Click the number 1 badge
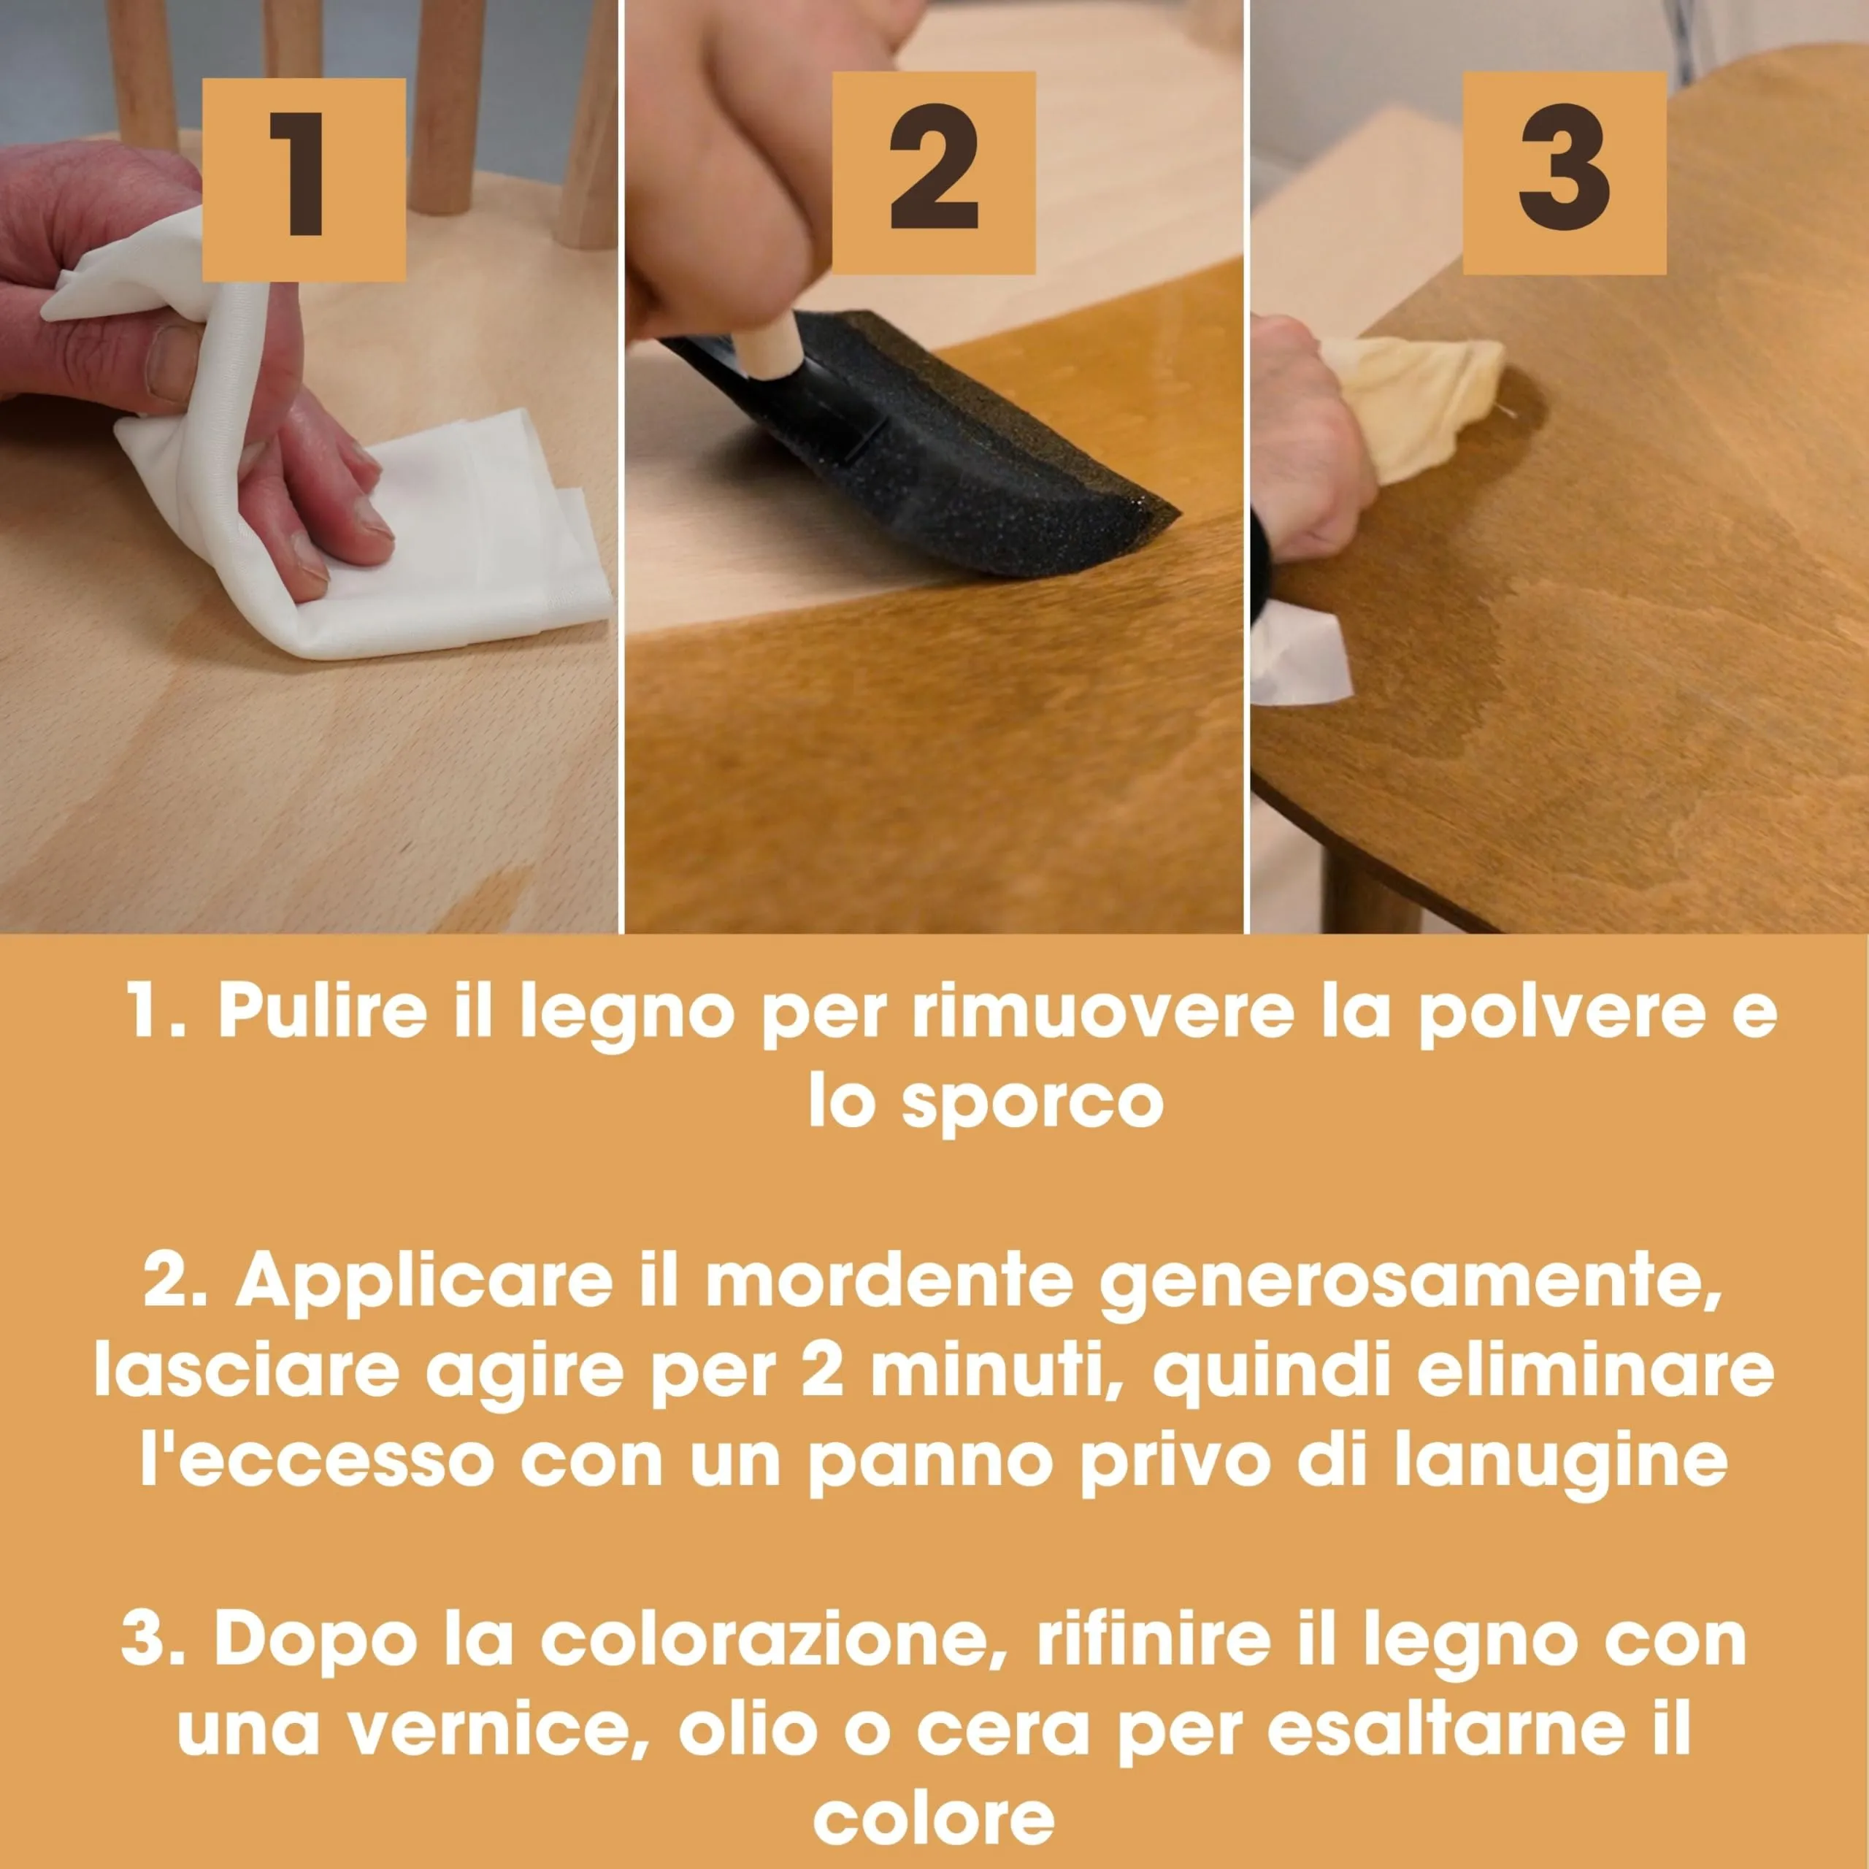pyautogui.click(x=303, y=179)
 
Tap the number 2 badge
pyautogui.click(x=934, y=172)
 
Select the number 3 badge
pyautogui.click(x=1565, y=172)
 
